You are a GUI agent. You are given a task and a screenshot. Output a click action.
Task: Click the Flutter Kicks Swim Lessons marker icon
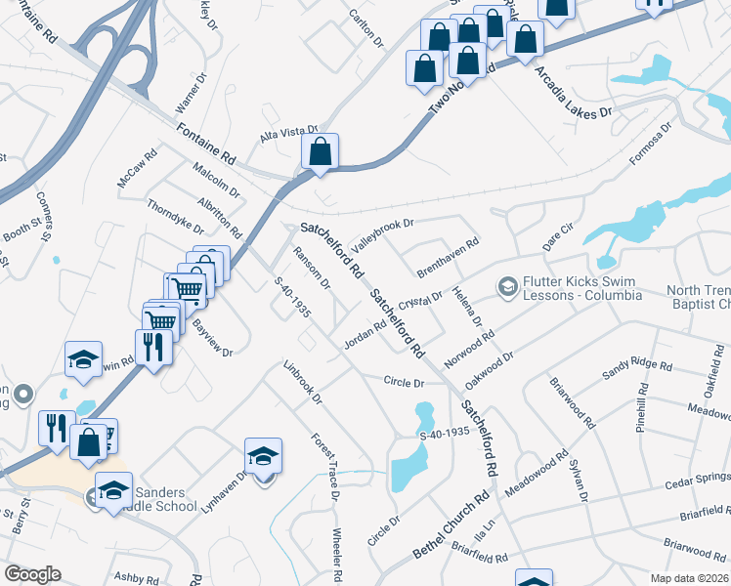tap(507, 286)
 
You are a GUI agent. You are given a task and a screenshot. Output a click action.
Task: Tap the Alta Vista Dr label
tap(289, 132)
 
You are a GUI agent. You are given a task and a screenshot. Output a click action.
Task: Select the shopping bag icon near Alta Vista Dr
tap(320, 152)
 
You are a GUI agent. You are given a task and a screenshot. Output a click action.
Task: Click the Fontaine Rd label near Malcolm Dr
tap(207, 143)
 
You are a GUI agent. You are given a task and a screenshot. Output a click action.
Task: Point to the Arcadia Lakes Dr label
tap(574, 95)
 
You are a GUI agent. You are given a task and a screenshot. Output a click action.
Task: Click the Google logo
tap(32, 573)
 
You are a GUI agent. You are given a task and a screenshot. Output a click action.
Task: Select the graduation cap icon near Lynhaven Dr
tap(263, 457)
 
